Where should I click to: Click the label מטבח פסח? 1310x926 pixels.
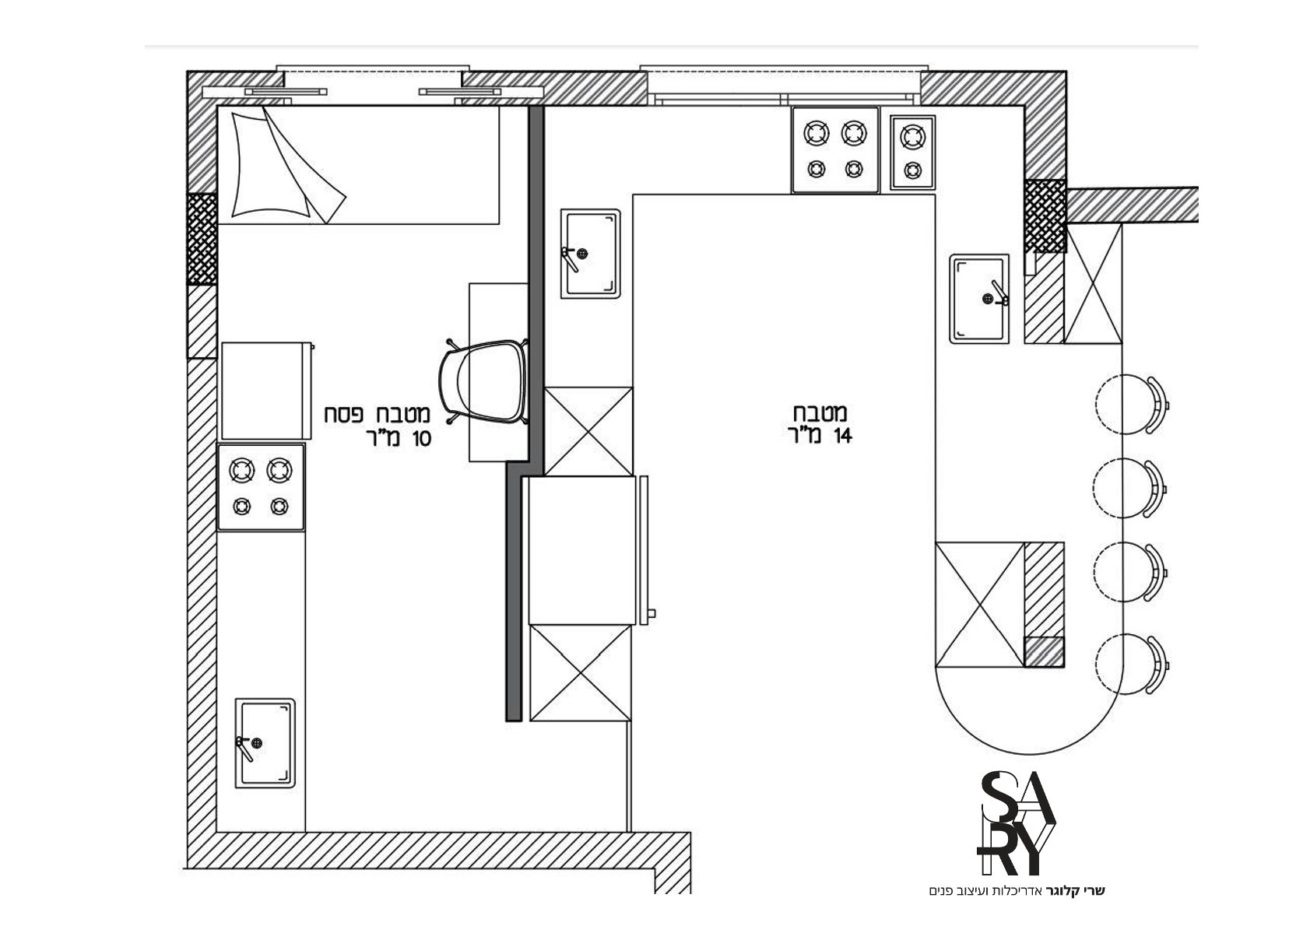click(378, 415)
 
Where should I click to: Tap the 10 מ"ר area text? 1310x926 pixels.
click(399, 438)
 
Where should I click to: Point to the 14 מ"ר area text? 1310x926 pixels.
click(820, 436)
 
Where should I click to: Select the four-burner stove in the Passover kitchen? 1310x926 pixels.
click(261, 488)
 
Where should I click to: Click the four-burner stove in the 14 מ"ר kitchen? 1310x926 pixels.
click(835, 149)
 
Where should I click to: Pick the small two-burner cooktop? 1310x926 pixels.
click(912, 153)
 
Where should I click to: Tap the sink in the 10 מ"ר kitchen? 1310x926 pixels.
click(265, 742)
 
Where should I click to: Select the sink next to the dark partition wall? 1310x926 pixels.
click(590, 254)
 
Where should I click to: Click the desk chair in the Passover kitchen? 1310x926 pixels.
click(484, 381)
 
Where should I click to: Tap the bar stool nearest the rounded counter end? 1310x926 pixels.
click(1131, 665)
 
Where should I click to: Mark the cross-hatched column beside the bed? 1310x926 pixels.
click(202, 239)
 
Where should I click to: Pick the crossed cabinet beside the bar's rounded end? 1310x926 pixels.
click(980, 605)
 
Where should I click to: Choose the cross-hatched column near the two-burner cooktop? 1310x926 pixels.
click(1045, 215)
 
